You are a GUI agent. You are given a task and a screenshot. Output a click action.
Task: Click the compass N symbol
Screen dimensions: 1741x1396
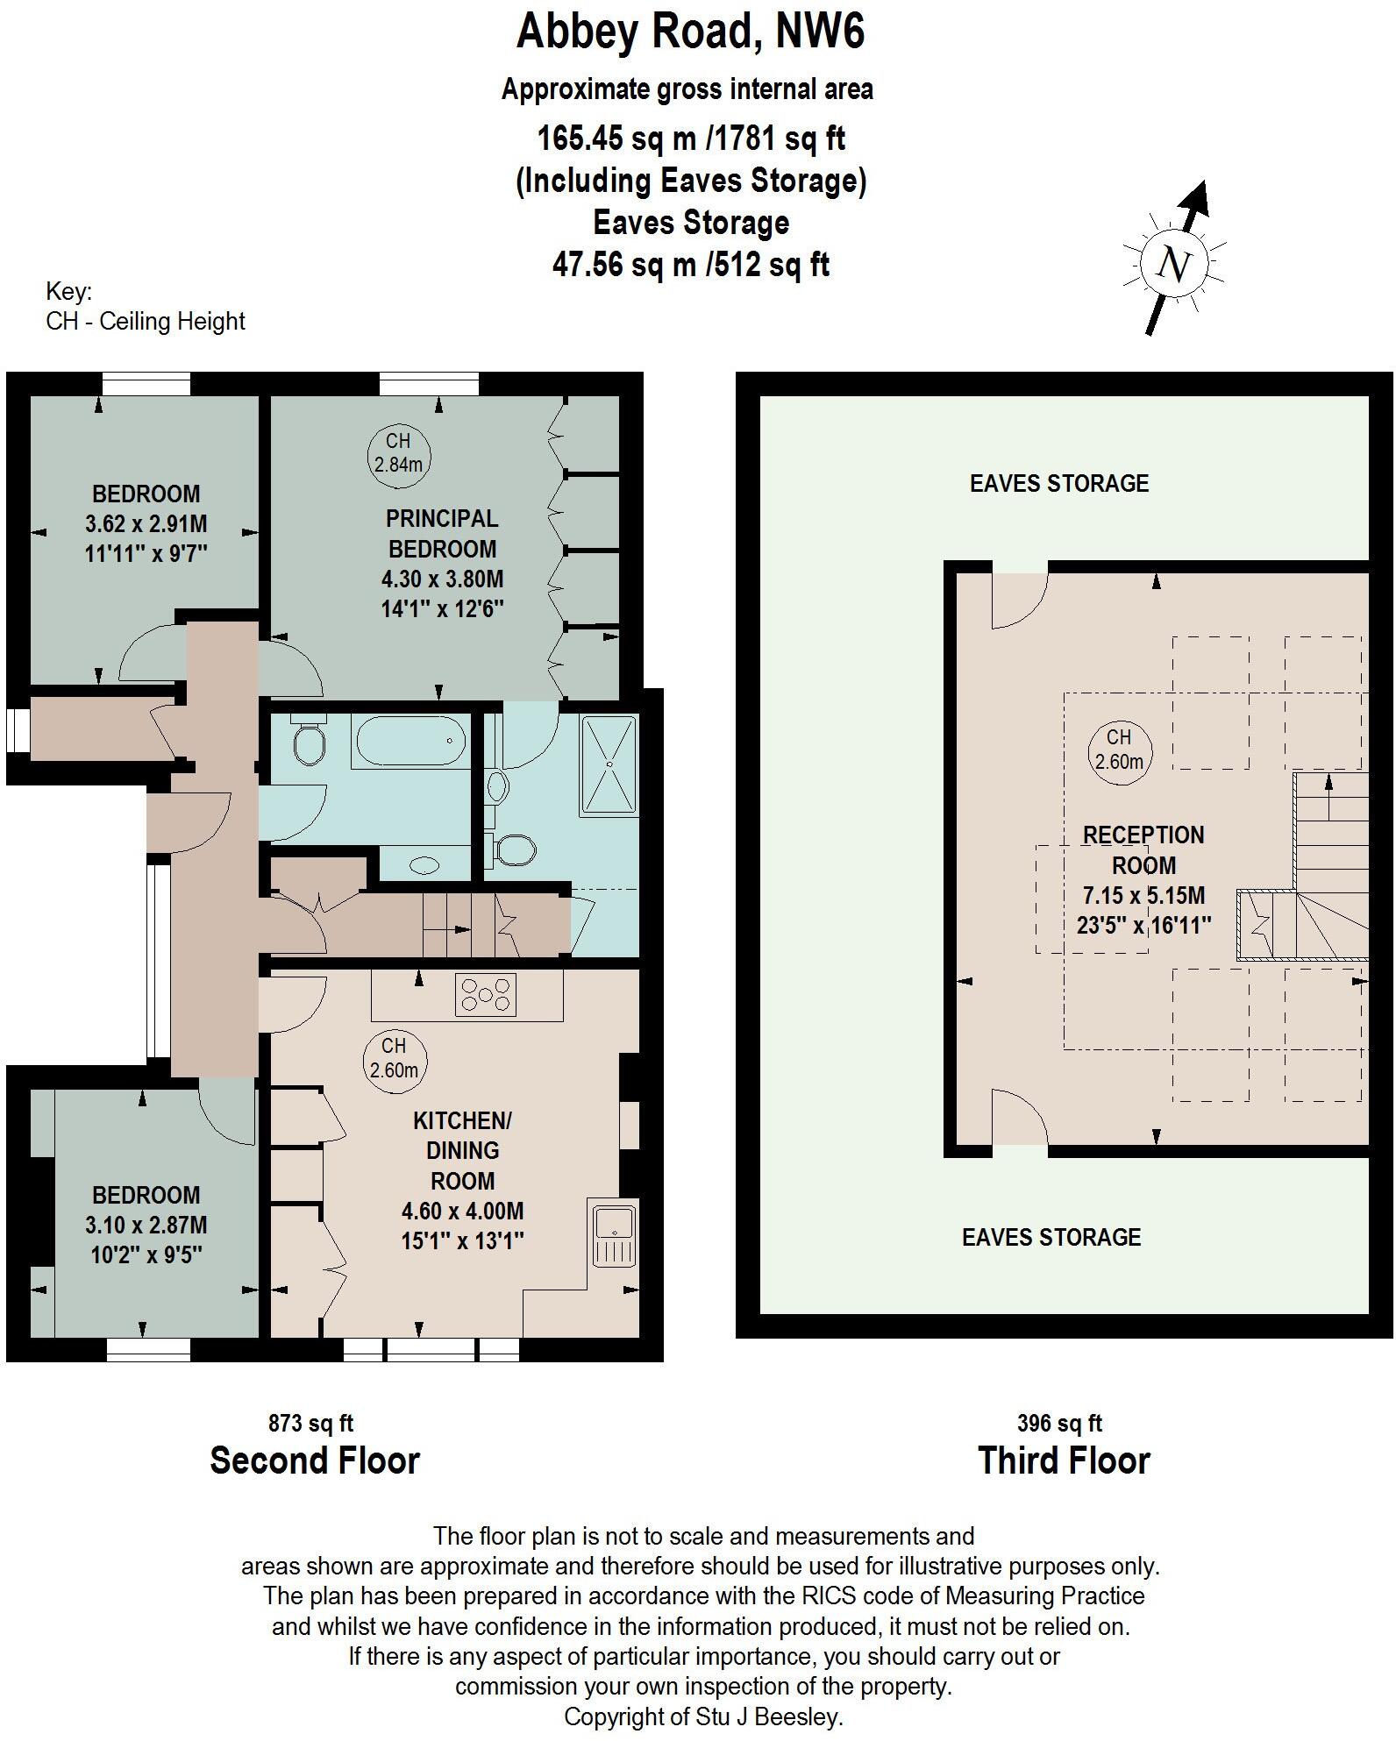pos(1174,263)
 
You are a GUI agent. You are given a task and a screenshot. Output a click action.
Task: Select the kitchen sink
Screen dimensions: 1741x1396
pos(615,1235)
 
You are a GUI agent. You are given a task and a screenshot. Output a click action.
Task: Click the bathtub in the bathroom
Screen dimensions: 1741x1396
pos(410,742)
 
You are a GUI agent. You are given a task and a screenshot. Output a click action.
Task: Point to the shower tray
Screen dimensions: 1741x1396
pos(609,764)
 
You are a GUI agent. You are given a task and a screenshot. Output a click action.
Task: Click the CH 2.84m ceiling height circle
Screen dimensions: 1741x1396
pos(398,452)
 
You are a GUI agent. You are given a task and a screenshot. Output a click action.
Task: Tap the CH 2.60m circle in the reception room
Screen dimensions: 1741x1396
pos(1119,750)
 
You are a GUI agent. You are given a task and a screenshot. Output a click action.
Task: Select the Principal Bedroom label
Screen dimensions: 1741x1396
pos(442,533)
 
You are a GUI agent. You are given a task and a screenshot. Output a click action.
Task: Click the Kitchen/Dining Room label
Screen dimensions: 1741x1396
pos(462,1149)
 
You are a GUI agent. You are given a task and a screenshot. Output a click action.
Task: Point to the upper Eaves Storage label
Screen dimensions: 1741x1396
pos(1058,483)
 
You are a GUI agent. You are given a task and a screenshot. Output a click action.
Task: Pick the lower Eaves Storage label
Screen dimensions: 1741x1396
pos(1051,1237)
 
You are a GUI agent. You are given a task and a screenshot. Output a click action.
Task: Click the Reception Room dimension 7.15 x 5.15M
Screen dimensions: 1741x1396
pos(1143,895)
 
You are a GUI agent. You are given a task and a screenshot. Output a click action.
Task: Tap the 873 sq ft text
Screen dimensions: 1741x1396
pos(310,1423)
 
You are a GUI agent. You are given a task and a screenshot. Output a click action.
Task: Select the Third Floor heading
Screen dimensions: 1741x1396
pos(1063,1460)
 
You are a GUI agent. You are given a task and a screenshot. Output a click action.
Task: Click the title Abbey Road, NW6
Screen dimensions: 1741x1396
pos(690,32)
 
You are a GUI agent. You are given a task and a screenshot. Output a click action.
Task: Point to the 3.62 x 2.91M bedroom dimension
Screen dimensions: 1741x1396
pos(146,524)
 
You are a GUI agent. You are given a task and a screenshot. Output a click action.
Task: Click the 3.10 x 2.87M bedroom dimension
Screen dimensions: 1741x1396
pos(146,1225)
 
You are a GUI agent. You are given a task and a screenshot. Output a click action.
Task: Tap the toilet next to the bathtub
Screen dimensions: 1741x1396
pos(308,743)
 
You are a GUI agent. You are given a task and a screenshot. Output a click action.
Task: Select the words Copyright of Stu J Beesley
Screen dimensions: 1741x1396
pos(703,1716)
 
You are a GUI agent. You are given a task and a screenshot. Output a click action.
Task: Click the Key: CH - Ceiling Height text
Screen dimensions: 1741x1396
pos(145,307)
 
